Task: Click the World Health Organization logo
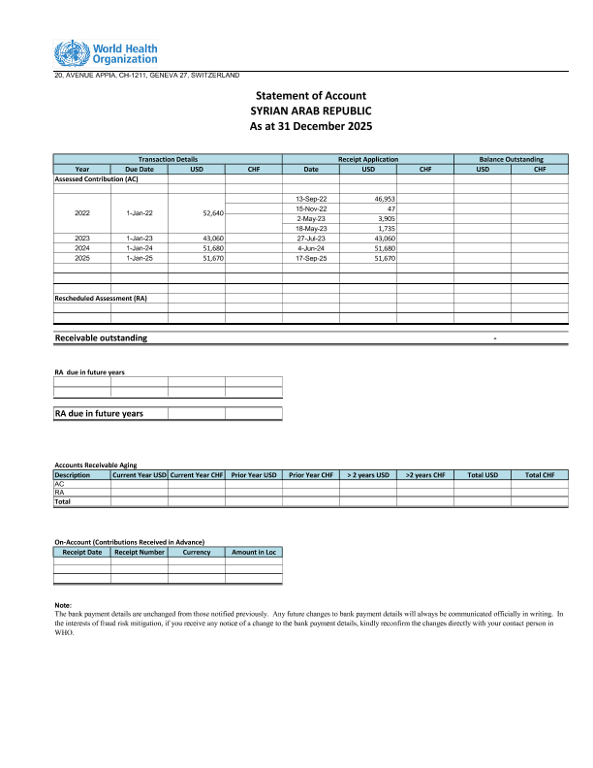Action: (x=106, y=54)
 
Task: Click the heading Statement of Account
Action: (x=310, y=96)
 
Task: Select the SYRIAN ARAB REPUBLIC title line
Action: (x=310, y=112)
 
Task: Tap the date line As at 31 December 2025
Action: (x=310, y=127)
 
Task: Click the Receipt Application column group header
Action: (x=368, y=159)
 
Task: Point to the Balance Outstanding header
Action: (x=512, y=159)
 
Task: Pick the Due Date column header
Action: (x=140, y=169)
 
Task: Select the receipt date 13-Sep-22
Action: (x=311, y=198)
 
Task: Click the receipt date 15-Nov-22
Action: (x=311, y=208)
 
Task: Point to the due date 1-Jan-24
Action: (x=140, y=248)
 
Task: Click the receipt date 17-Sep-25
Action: (x=311, y=258)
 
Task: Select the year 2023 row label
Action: (x=82, y=238)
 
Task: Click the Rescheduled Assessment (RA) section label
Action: (x=101, y=298)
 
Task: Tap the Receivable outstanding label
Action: (x=102, y=337)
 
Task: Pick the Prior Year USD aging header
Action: (x=254, y=475)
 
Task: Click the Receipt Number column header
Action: (x=140, y=552)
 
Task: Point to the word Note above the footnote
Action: (x=64, y=606)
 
